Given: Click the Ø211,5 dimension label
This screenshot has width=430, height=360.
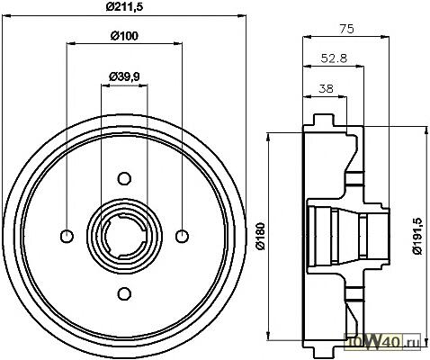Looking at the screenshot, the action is point(124,6).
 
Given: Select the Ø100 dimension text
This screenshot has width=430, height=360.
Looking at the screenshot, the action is point(124,36).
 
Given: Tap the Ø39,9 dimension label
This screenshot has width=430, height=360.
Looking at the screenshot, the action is point(124,77).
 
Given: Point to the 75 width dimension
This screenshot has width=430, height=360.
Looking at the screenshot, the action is point(346,29).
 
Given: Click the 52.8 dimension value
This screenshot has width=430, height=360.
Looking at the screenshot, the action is point(334,58).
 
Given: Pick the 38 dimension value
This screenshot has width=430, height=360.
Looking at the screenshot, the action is point(326,88).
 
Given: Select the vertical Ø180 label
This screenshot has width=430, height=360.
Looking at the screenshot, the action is point(260,236).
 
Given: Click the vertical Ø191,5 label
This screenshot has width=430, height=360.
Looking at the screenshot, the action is point(417,236).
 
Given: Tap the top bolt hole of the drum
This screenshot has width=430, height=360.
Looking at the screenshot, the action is point(124,178).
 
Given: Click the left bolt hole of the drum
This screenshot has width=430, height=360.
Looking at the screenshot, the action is point(67,236).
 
